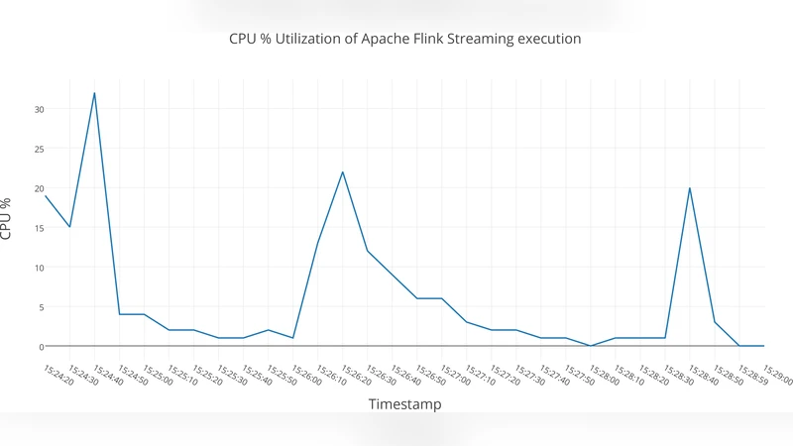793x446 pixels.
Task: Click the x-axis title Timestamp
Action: click(404, 404)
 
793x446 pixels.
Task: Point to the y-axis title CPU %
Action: click(9, 219)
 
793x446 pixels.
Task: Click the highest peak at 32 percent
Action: click(94, 93)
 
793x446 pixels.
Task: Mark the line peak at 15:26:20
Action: click(342, 172)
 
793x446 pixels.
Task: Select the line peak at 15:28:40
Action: click(689, 188)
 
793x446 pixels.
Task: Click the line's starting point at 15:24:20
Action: click(46, 196)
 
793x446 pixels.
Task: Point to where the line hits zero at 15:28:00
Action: click(591, 346)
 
